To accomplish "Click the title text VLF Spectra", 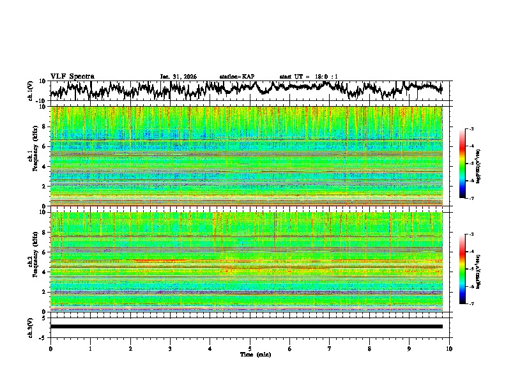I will pyautogui.click(x=72, y=77).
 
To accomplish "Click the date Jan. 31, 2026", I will pyautogui.click(x=178, y=77).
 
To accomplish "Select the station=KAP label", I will pyautogui.click(x=236, y=77).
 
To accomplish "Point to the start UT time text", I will pyautogui.click(x=309, y=77).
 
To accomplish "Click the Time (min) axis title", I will pyautogui.click(x=250, y=354).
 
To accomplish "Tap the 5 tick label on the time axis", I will pyautogui.click(x=250, y=348).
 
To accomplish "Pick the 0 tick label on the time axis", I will pyautogui.click(x=50, y=348).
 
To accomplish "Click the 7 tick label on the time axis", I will pyautogui.click(x=330, y=348).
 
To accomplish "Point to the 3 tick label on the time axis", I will pyautogui.click(x=170, y=348).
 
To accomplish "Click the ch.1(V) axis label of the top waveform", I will pyautogui.click(x=30, y=91).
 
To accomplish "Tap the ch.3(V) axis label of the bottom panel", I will pyautogui.click(x=30, y=326).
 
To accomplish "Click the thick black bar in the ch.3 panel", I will pyautogui.click(x=246, y=326).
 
